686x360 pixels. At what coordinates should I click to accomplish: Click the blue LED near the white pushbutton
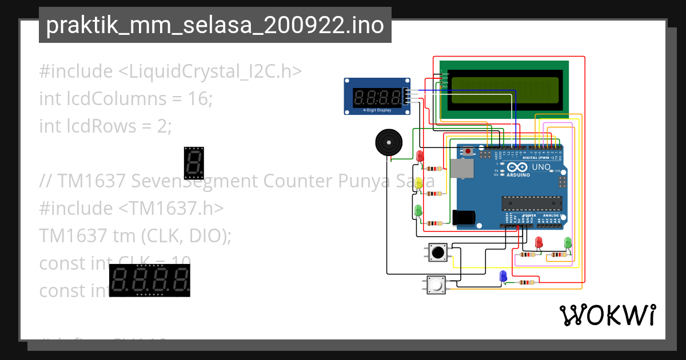click(503, 276)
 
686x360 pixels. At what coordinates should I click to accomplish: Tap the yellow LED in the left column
click(418, 183)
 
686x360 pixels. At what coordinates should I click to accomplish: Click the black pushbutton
click(438, 252)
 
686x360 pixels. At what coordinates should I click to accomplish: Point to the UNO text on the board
click(541, 167)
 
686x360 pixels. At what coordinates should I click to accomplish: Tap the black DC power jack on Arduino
click(464, 217)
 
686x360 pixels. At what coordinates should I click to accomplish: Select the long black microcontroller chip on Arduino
click(531, 203)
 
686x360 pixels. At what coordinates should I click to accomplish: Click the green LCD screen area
click(505, 90)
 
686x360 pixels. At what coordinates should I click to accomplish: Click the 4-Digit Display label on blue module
click(377, 109)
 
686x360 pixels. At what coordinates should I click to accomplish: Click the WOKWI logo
click(607, 315)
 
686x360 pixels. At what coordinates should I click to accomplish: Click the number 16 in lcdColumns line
click(200, 99)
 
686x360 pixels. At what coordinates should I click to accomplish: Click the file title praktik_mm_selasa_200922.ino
click(215, 25)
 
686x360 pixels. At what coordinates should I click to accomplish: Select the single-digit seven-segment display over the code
click(194, 162)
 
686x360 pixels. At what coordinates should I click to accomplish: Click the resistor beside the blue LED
click(526, 282)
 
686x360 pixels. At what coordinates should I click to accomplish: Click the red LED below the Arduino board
click(539, 242)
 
